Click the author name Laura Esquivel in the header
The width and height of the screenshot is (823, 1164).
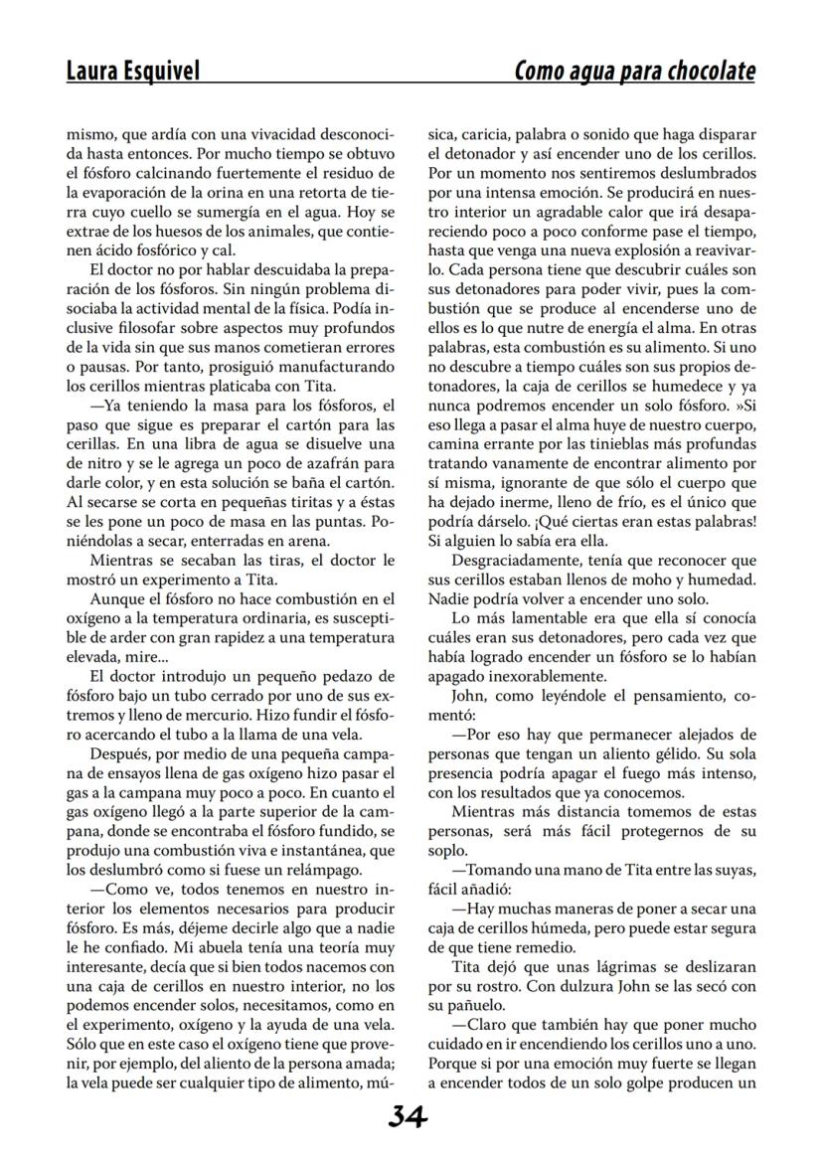(x=132, y=71)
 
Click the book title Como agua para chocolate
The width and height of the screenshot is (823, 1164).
(x=634, y=71)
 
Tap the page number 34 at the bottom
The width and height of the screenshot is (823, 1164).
(x=409, y=1117)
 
